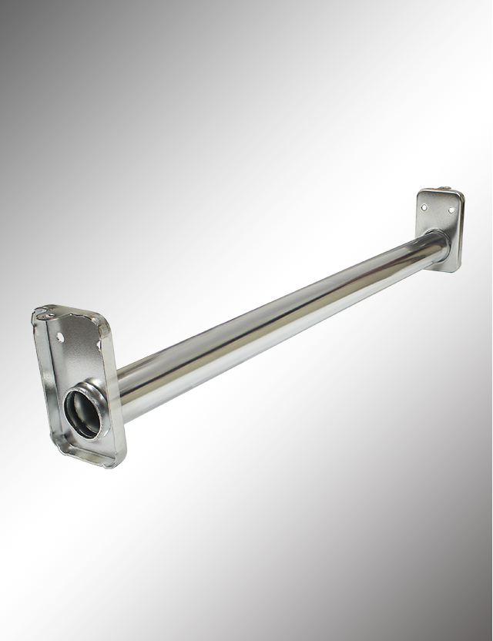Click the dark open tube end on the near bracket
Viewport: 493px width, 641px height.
tap(82, 413)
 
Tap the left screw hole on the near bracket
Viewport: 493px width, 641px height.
tap(60, 337)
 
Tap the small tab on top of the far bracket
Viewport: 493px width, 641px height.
tap(445, 190)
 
